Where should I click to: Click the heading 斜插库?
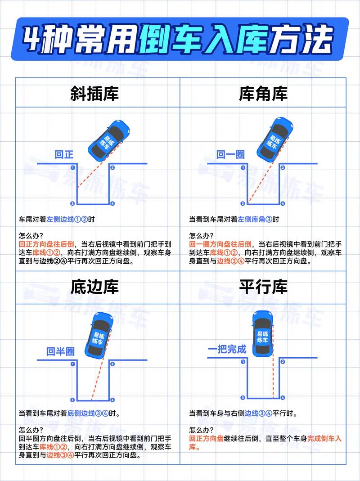pos(94,94)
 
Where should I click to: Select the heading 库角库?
pos(263,94)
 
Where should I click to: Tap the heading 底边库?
pos(94,287)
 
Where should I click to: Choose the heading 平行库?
pos(263,287)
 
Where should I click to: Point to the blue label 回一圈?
pos(230,155)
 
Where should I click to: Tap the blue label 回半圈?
pos(60,351)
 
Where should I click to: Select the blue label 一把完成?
pos(227,349)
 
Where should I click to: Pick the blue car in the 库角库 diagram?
pos(274,139)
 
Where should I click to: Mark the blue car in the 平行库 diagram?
pos(263,333)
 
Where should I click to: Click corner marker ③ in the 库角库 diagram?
pos(243,204)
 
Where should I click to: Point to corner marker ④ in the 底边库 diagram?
pos(112,400)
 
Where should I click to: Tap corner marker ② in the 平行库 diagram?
pos(283,361)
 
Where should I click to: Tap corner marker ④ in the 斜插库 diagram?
pos(112,204)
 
